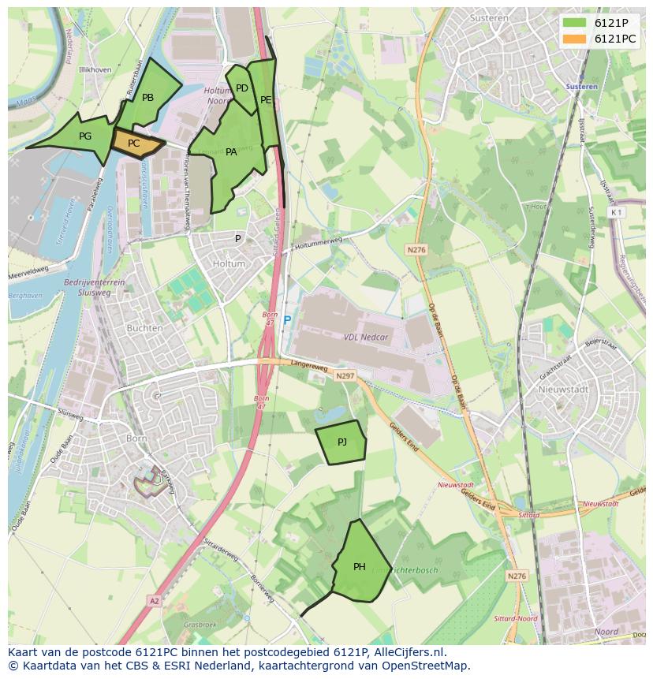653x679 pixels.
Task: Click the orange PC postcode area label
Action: coord(133,144)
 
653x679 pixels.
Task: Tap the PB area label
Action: coord(147,98)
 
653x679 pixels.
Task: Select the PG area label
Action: coord(85,136)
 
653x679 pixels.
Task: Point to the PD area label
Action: coord(242,88)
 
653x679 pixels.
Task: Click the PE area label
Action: coord(266,100)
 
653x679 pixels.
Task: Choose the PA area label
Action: coord(231,152)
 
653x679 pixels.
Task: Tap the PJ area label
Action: coord(342,442)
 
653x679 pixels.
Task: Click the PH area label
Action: coord(360,566)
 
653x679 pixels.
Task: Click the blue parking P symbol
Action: coord(287,321)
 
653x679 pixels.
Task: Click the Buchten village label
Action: coord(144,328)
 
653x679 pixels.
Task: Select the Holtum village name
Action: coord(229,264)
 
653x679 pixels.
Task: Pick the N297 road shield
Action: coord(345,376)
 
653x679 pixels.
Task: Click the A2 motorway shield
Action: coord(154,601)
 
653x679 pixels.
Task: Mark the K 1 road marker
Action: coord(616,213)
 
